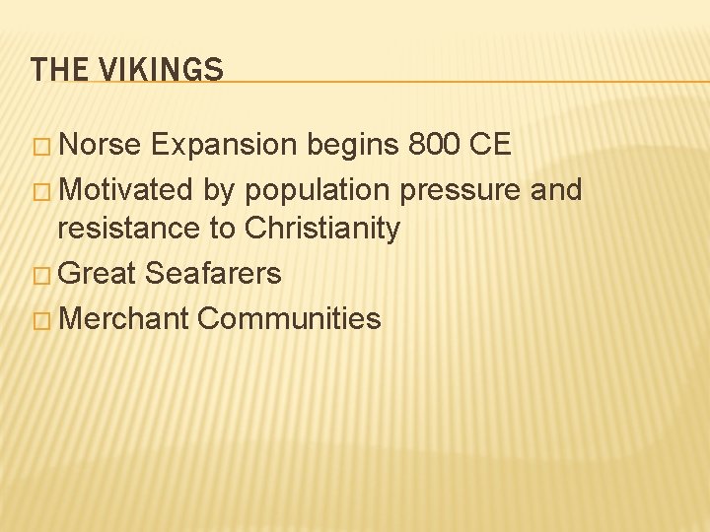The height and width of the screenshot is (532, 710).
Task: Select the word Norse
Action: (104, 145)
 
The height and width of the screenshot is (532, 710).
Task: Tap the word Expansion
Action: (226, 145)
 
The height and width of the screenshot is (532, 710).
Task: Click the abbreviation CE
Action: (489, 145)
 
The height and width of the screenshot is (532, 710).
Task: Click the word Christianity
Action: (321, 230)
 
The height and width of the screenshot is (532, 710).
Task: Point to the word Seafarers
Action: (212, 273)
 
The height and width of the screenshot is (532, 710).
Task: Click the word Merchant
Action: (124, 318)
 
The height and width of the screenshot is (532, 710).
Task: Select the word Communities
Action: (288, 318)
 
